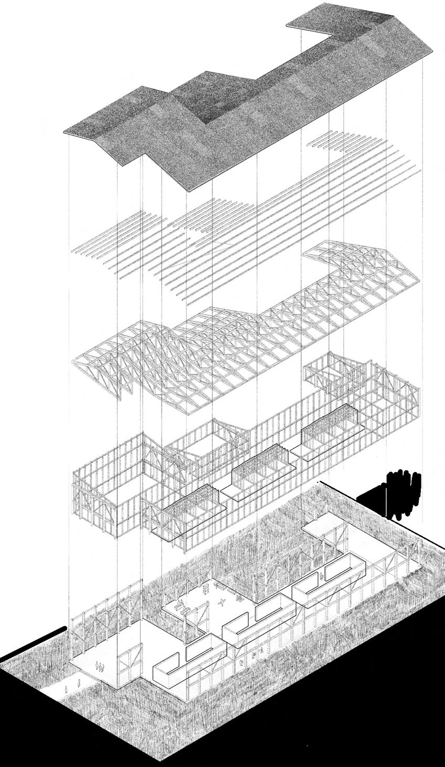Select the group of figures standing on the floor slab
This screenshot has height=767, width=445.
pos(100,667)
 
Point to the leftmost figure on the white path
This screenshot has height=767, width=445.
pos(67,688)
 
